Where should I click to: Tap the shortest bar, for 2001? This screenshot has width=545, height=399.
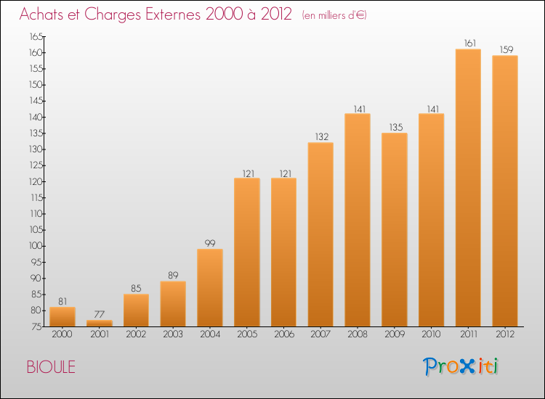pos(99,324)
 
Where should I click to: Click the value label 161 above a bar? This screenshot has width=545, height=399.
pos(468,44)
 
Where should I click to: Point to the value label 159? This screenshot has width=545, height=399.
pos(505,50)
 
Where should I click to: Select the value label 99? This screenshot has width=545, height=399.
pos(209,244)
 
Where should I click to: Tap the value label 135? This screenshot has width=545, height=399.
pos(395,128)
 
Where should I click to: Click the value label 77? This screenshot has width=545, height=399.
pos(99,315)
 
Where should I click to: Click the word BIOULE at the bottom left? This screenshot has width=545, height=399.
pos(51,367)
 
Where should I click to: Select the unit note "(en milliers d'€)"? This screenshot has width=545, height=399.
pos(334,15)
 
